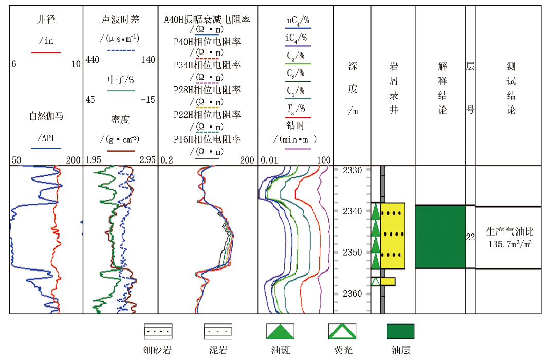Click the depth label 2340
352,211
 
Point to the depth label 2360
352,293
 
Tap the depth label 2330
352,170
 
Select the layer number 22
470,237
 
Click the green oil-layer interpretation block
440,237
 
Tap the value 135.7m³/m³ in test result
510,244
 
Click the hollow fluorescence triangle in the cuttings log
376,281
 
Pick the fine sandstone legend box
158,331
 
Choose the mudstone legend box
218,331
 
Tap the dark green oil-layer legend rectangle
401,331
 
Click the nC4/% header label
298,21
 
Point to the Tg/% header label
296,109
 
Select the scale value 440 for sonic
92,60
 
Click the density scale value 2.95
147,160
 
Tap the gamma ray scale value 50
16,160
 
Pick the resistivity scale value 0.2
167,160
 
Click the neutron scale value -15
147,100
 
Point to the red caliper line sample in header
46,52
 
